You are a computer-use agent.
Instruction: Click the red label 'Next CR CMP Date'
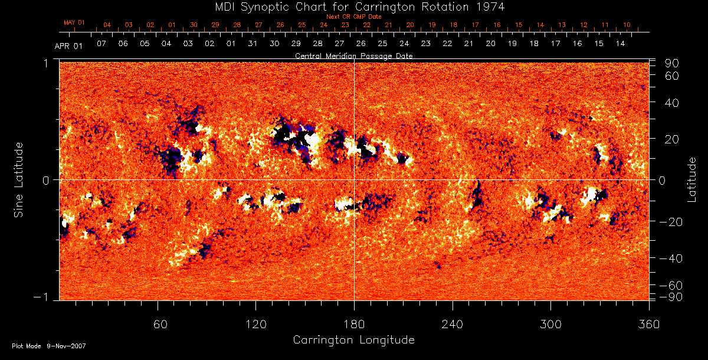(x=354, y=17)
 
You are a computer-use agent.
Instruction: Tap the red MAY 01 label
(x=74, y=22)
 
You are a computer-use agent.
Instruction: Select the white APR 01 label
(x=69, y=45)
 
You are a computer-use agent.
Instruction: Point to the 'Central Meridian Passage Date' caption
(x=353, y=55)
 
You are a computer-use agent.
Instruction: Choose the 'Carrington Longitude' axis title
(x=353, y=340)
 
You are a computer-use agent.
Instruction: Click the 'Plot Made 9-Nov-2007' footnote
(x=49, y=346)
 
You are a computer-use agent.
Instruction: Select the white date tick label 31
(x=253, y=44)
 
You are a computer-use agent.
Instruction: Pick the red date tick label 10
(x=627, y=25)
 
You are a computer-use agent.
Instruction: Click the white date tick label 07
(x=101, y=44)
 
